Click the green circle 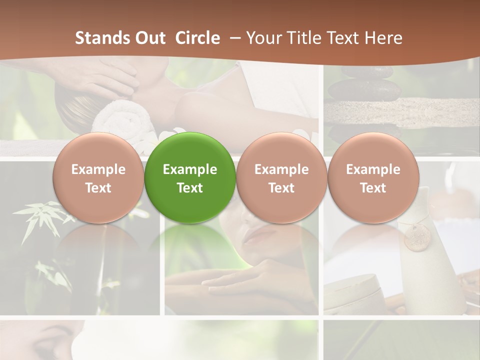coord(190,177)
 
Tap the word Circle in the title coord(197,38)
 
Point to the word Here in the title coord(383,38)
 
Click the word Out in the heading coord(149,38)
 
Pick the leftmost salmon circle coord(98,177)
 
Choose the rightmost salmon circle coord(373,177)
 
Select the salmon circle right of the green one coord(281,177)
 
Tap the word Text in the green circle coord(190,188)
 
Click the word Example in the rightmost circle coord(373,169)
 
